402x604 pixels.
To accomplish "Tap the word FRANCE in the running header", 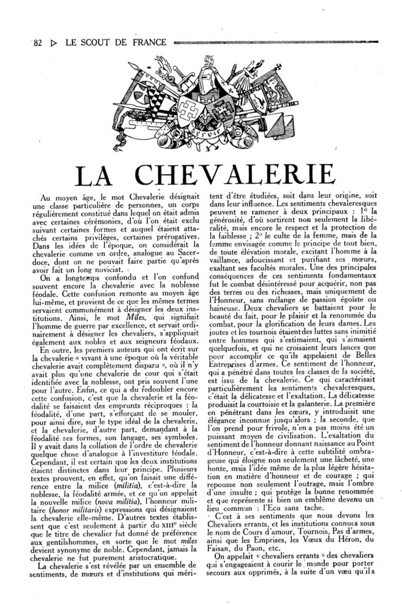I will (x=147, y=42).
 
